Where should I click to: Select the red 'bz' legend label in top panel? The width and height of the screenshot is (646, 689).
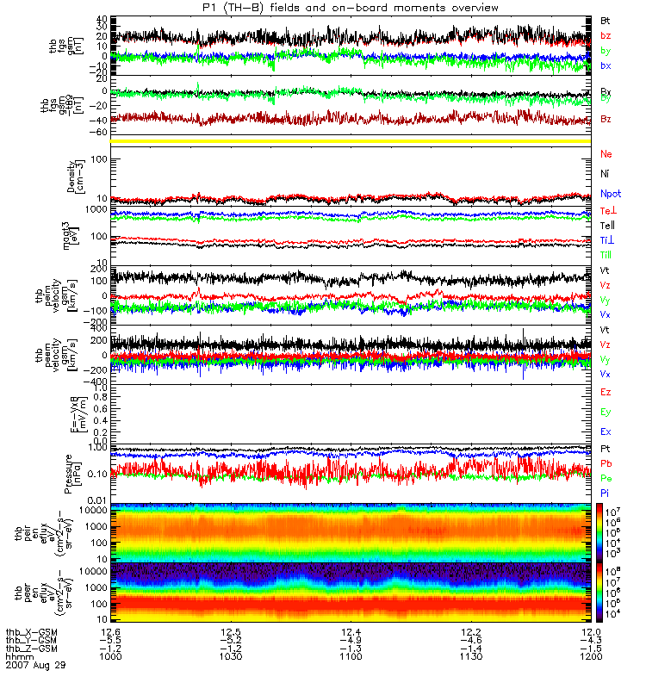coord(606,35)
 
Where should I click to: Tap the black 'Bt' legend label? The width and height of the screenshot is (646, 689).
coord(606,20)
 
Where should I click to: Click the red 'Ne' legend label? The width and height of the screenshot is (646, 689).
coord(606,154)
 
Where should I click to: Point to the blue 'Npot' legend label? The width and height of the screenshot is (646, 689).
coord(609,194)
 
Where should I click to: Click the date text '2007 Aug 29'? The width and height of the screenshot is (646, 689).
coord(35,666)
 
